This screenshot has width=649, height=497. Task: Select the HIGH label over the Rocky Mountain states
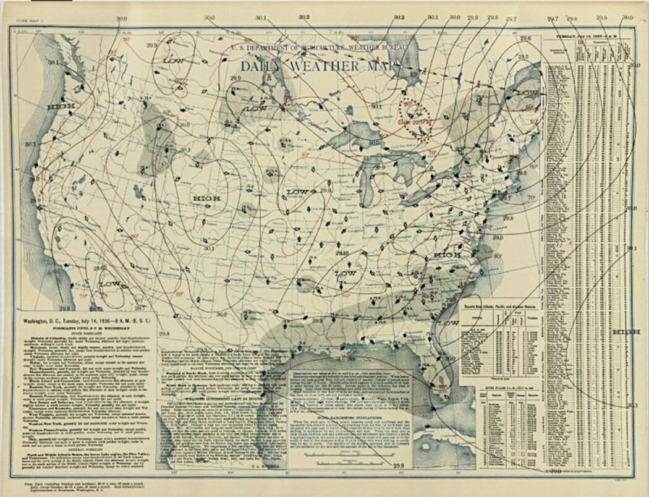[206, 198]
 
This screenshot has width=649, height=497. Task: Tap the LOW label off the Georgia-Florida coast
[448, 323]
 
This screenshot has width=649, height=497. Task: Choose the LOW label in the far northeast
[527, 93]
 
